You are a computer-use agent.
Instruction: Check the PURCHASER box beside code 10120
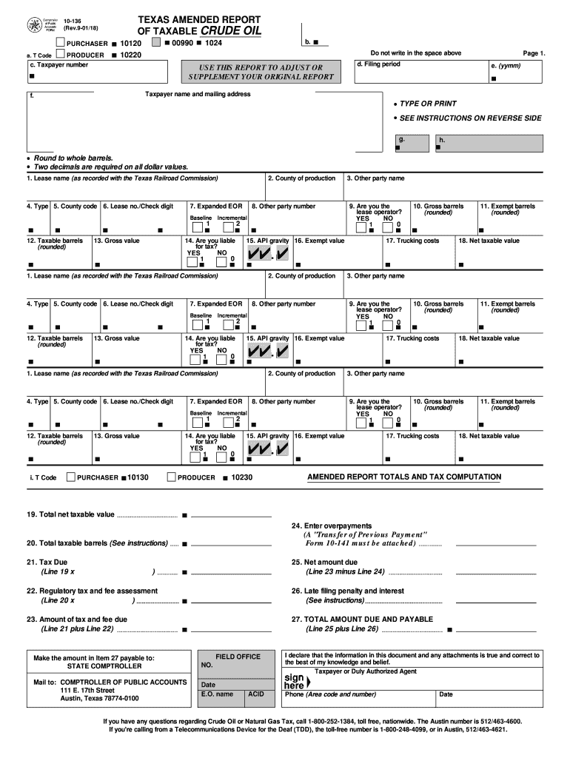pyautogui.click(x=61, y=44)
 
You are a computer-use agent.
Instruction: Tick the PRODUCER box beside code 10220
pyautogui.click(x=61, y=55)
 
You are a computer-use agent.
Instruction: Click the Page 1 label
pyautogui.click(x=534, y=53)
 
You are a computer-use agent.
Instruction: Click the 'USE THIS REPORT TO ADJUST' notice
pyautogui.click(x=256, y=67)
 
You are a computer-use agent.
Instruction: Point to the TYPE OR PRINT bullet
pyautogui.click(x=428, y=104)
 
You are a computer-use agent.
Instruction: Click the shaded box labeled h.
pyautogui.click(x=489, y=144)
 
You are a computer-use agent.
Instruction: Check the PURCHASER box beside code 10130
pyautogui.click(x=70, y=477)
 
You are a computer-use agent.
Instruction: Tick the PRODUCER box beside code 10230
pyautogui.click(x=172, y=477)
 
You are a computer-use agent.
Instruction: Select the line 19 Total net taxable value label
pyautogui.click(x=70, y=514)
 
